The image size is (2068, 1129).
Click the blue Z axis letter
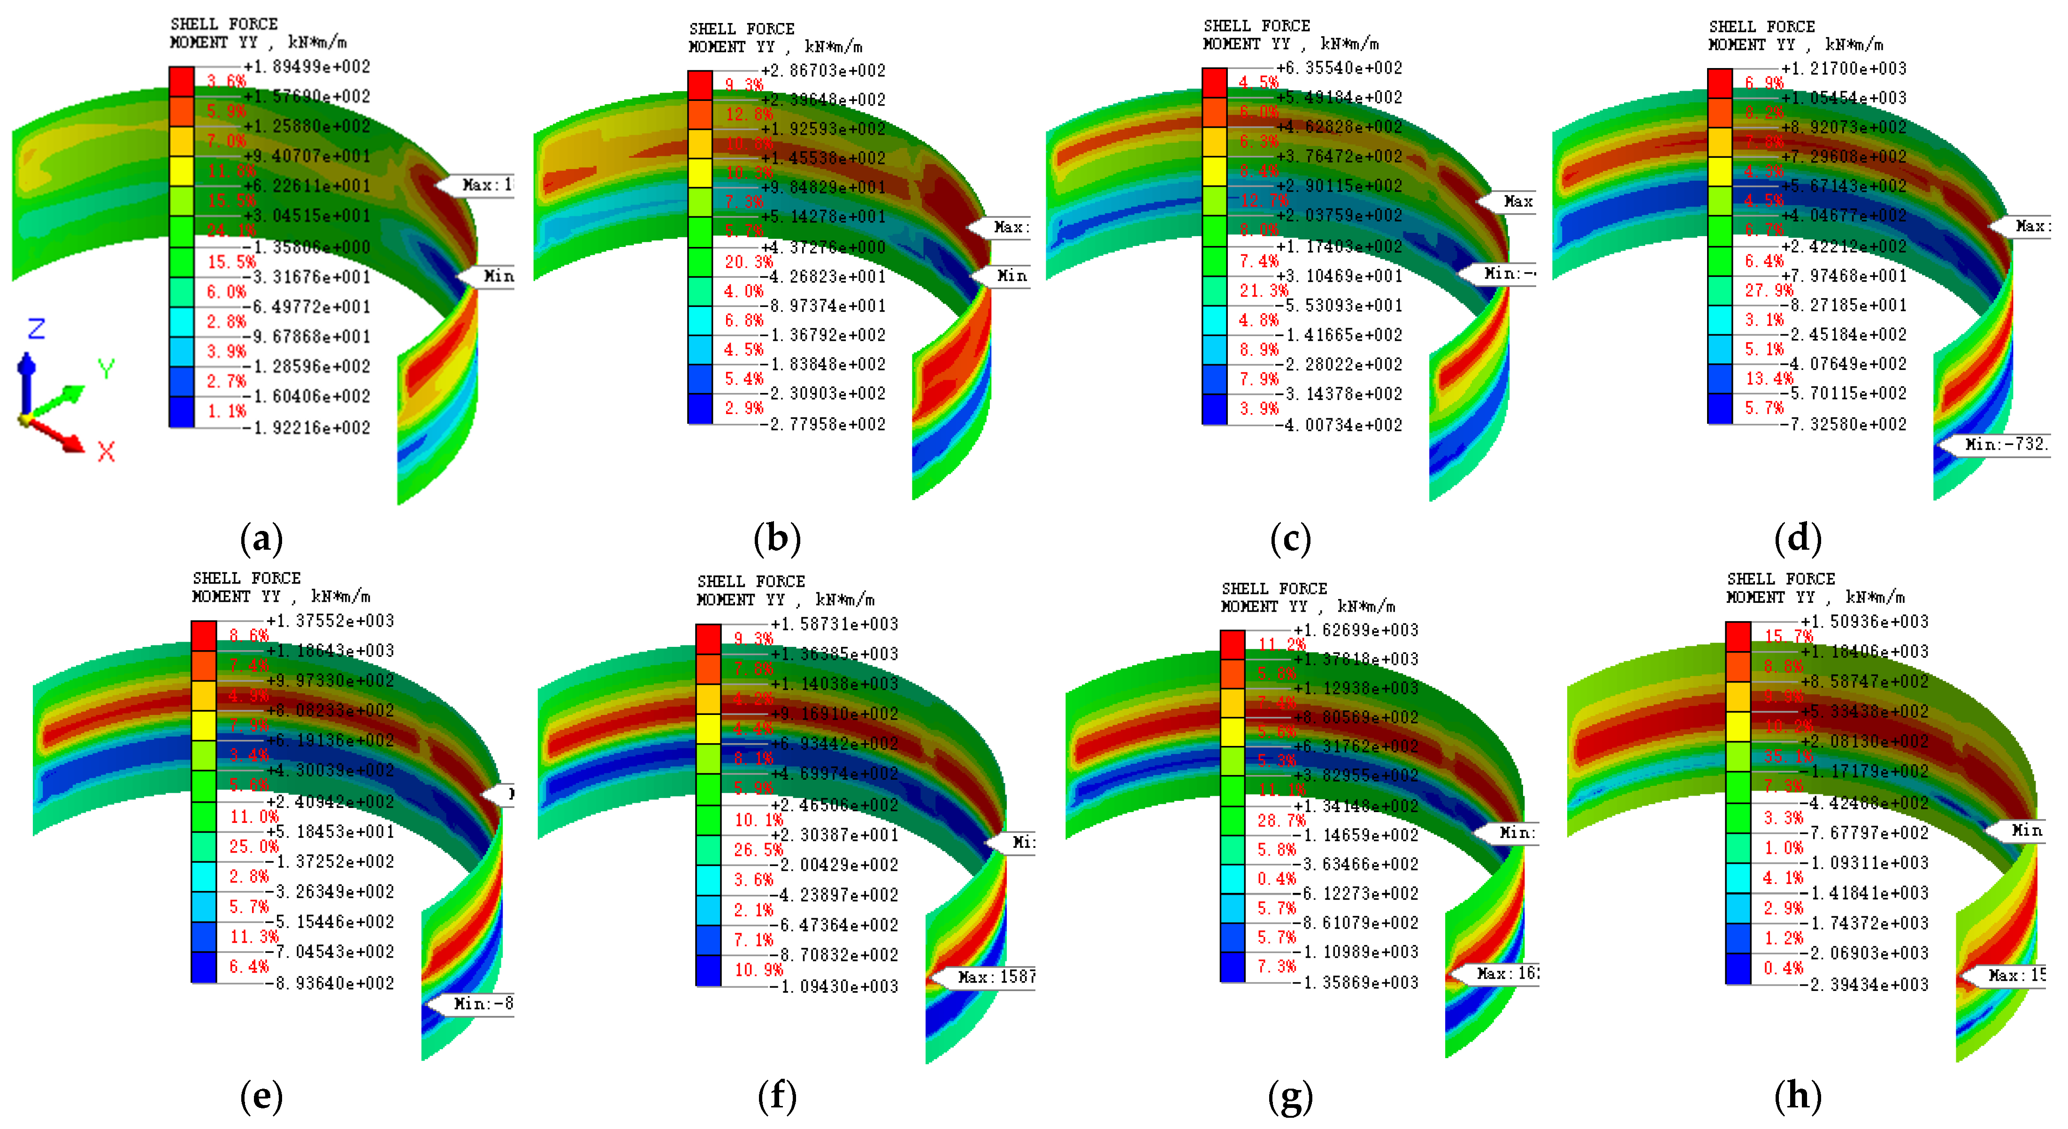coord(36,329)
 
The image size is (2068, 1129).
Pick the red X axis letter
coord(106,451)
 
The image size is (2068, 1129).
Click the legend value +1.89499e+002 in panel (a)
coord(307,67)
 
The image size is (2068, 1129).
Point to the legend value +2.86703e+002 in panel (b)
coord(824,71)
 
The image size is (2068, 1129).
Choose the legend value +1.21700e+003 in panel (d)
coord(1844,68)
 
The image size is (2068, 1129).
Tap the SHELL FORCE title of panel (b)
coord(742,29)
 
